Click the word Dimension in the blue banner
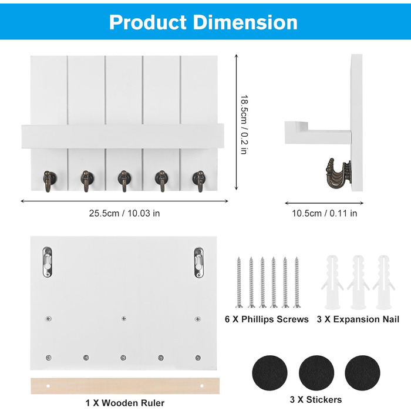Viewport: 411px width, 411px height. click(x=245, y=22)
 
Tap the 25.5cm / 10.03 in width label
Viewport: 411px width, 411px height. click(x=124, y=213)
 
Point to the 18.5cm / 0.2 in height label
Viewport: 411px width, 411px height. click(x=244, y=124)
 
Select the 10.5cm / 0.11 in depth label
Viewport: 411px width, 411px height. click(x=325, y=213)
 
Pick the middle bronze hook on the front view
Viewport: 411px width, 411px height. click(x=124, y=181)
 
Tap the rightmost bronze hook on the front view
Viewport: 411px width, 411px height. click(x=198, y=181)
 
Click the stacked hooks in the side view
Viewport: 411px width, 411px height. click(x=338, y=174)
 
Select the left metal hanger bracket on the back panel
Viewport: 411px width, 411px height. click(x=47, y=262)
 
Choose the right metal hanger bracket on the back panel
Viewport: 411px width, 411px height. click(x=198, y=262)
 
